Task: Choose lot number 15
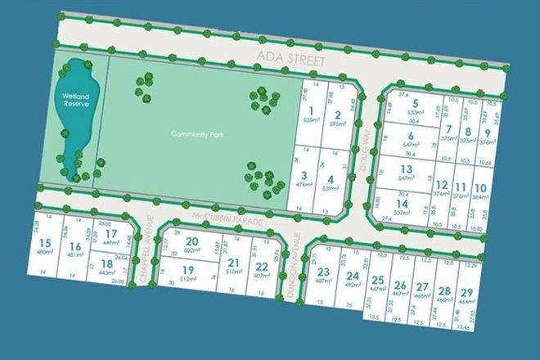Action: [x=45, y=242]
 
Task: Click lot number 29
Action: [x=466, y=293]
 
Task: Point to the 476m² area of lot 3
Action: [x=303, y=184]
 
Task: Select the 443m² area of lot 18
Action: [x=106, y=272]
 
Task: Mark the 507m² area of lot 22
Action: [x=262, y=275]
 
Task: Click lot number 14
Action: [x=401, y=204]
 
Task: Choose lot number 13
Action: [x=406, y=169]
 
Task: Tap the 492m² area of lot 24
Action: [x=352, y=286]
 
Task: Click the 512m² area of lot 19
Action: [x=187, y=279]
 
